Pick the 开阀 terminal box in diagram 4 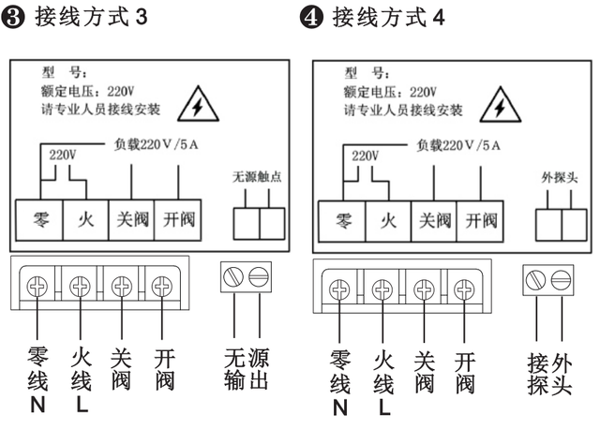[480, 222]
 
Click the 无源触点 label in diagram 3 [258, 177]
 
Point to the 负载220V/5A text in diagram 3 [151, 145]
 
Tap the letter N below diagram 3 [37, 407]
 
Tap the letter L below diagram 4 [382, 407]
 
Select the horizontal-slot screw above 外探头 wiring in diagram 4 [560, 278]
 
